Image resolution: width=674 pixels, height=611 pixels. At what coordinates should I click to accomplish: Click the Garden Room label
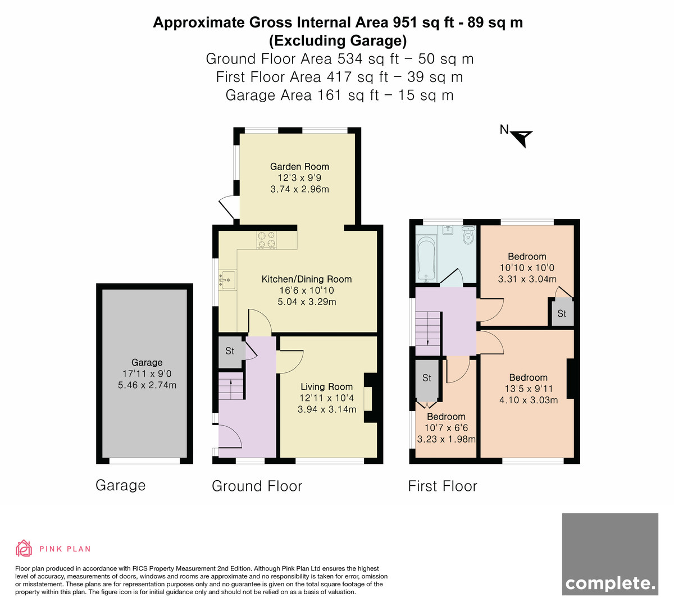coord(299,167)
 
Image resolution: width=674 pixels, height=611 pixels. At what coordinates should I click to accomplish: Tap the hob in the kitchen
coord(267,240)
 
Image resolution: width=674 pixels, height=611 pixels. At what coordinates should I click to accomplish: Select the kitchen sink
coord(227,280)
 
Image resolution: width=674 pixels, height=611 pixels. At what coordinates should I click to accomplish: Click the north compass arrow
coord(521,138)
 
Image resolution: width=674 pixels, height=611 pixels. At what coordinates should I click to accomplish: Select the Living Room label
coord(326,387)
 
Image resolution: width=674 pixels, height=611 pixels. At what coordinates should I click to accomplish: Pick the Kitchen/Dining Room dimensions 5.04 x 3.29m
coord(307,302)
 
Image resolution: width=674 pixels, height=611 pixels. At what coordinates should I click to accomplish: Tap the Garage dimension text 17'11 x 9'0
coord(147,373)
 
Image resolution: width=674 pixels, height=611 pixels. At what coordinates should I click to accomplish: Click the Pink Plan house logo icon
coord(24,549)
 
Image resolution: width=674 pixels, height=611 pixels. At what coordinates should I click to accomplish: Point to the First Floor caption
coord(443,486)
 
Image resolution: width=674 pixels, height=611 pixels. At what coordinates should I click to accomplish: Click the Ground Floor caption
coord(257,486)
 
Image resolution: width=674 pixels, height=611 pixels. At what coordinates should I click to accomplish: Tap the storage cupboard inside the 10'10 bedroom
coord(561,313)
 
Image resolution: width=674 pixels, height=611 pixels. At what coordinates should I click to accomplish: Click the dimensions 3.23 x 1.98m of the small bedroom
coord(446,439)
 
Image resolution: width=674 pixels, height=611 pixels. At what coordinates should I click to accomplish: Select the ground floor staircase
coord(231,386)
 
